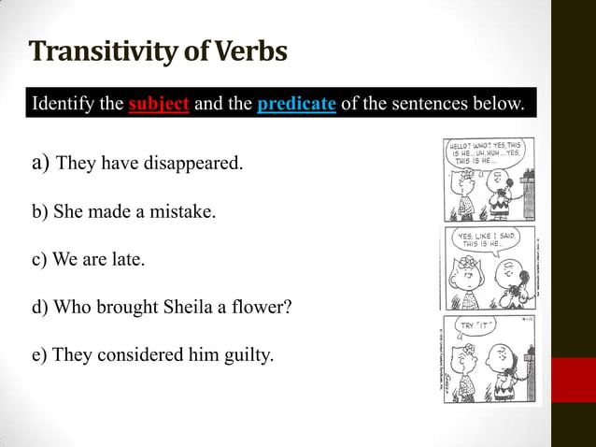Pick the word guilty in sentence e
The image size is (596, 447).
pyautogui.click(x=247, y=354)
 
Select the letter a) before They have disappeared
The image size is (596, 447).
pyautogui.click(x=40, y=164)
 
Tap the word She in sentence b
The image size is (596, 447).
pyautogui.click(x=68, y=212)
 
